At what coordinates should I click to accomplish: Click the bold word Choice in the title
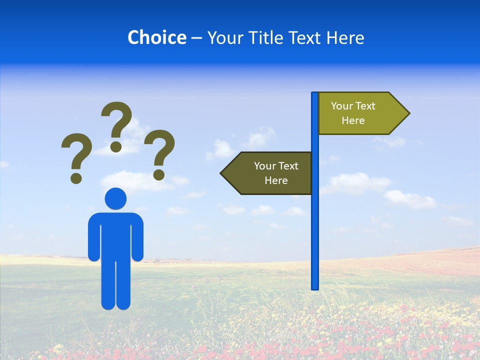click(156, 37)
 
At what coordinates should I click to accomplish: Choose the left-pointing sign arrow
click(267, 173)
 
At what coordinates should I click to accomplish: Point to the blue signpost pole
click(315, 225)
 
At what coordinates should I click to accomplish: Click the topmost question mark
click(117, 125)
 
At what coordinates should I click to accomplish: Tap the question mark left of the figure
click(76, 156)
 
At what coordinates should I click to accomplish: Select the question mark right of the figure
click(159, 153)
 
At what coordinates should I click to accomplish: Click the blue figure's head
click(115, 198)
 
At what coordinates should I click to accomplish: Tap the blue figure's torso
click(115, 235)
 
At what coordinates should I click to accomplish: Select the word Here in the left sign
click(276, 180)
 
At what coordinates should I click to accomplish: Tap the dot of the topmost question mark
click(116, 146)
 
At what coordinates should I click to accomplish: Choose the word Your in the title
click(222, 37)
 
